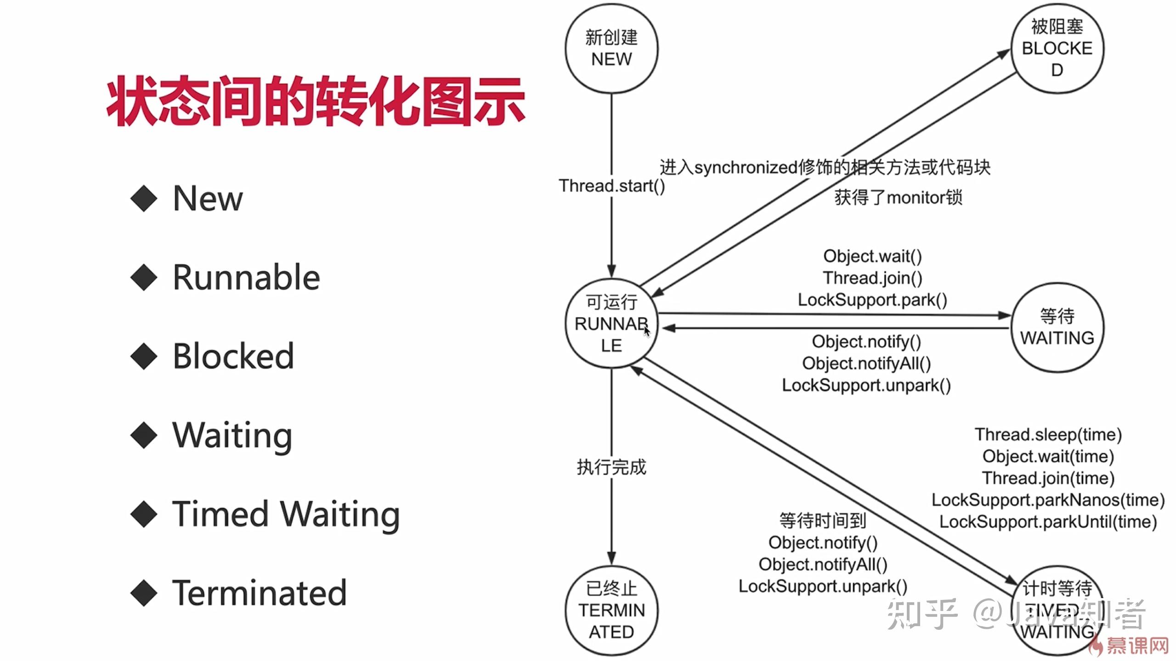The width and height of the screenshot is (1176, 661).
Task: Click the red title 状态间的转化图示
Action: point(316,101)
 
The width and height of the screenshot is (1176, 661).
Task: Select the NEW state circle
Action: point(611,49)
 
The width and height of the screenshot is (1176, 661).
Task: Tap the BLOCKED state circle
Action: point(1057,49)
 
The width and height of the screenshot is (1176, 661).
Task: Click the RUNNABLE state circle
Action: point(611,324)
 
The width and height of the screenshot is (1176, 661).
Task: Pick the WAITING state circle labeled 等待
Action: point(1057,327)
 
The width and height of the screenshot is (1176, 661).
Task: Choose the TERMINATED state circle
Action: point(611,611)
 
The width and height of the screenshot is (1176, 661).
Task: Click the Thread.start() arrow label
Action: point(611,186)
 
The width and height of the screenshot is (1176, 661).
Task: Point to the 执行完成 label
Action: point(611,467)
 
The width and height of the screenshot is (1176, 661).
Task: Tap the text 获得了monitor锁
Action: point(898,198)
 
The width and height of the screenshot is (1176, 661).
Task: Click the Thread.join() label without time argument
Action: point(872,278)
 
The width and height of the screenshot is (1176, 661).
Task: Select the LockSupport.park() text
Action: point(872,300)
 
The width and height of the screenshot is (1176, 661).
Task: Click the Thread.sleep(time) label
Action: point(1048,434)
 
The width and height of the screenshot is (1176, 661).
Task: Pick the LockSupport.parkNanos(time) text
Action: point(1048,500)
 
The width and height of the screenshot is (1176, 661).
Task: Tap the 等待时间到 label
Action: point(823,521)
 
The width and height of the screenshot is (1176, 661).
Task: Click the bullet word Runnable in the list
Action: point(246,277)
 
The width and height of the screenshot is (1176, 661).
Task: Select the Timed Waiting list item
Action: point(286,514)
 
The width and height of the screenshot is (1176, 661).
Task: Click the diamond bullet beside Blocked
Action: point(144,357)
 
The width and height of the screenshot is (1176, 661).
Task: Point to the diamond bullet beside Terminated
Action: point(144,593)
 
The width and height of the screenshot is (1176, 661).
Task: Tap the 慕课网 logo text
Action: point(1137,646)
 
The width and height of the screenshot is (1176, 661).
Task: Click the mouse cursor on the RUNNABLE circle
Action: point(647,331)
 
